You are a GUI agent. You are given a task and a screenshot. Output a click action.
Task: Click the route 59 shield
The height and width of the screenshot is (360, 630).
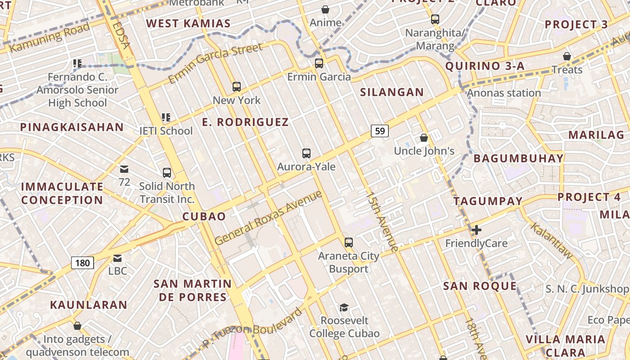tap(380, 131)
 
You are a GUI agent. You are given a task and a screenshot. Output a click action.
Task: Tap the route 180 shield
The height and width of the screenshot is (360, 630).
tap(83, 262)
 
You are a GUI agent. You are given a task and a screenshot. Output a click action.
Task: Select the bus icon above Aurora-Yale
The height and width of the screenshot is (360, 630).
tap(306, 153)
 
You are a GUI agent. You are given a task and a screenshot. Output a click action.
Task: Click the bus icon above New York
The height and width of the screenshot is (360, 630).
tap(237, 87)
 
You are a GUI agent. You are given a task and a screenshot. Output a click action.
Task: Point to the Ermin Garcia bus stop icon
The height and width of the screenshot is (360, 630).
tap(319, 63)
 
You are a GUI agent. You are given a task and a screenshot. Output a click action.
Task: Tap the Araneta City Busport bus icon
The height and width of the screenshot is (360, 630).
tap(349, 243)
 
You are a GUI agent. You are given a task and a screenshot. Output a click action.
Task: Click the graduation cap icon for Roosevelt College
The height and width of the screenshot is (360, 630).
tap(344, 307)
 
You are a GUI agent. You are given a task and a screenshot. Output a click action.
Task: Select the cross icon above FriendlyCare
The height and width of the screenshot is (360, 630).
tap(476, 230)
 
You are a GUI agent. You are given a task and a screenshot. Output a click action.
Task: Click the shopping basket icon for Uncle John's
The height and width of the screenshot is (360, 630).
tap(424, 138)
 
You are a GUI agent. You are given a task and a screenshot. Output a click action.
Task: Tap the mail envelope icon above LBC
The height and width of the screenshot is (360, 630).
tap(117, 258)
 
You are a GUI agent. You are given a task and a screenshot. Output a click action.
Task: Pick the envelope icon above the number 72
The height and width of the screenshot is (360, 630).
tap(124, 169)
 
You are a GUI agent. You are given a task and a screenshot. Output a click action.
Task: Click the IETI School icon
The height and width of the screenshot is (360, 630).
tap(166, 118)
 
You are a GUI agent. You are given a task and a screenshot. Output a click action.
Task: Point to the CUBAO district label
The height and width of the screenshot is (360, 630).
tap(204, 216)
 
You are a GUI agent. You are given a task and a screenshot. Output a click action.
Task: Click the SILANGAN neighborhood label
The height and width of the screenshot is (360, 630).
tap(392, 92)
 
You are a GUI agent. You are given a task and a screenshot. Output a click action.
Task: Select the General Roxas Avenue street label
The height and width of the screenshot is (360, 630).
tap(269, 218)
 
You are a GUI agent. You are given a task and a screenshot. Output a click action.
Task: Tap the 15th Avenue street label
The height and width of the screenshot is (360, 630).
tap(382, 222)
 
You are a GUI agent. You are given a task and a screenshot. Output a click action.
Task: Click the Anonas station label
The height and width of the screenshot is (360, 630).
tap(504, 93)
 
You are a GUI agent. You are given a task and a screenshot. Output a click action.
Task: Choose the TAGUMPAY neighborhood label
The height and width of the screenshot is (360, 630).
tap(488, 201)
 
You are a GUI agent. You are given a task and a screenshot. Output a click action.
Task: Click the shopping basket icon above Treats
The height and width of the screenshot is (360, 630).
tap(567, 56)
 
